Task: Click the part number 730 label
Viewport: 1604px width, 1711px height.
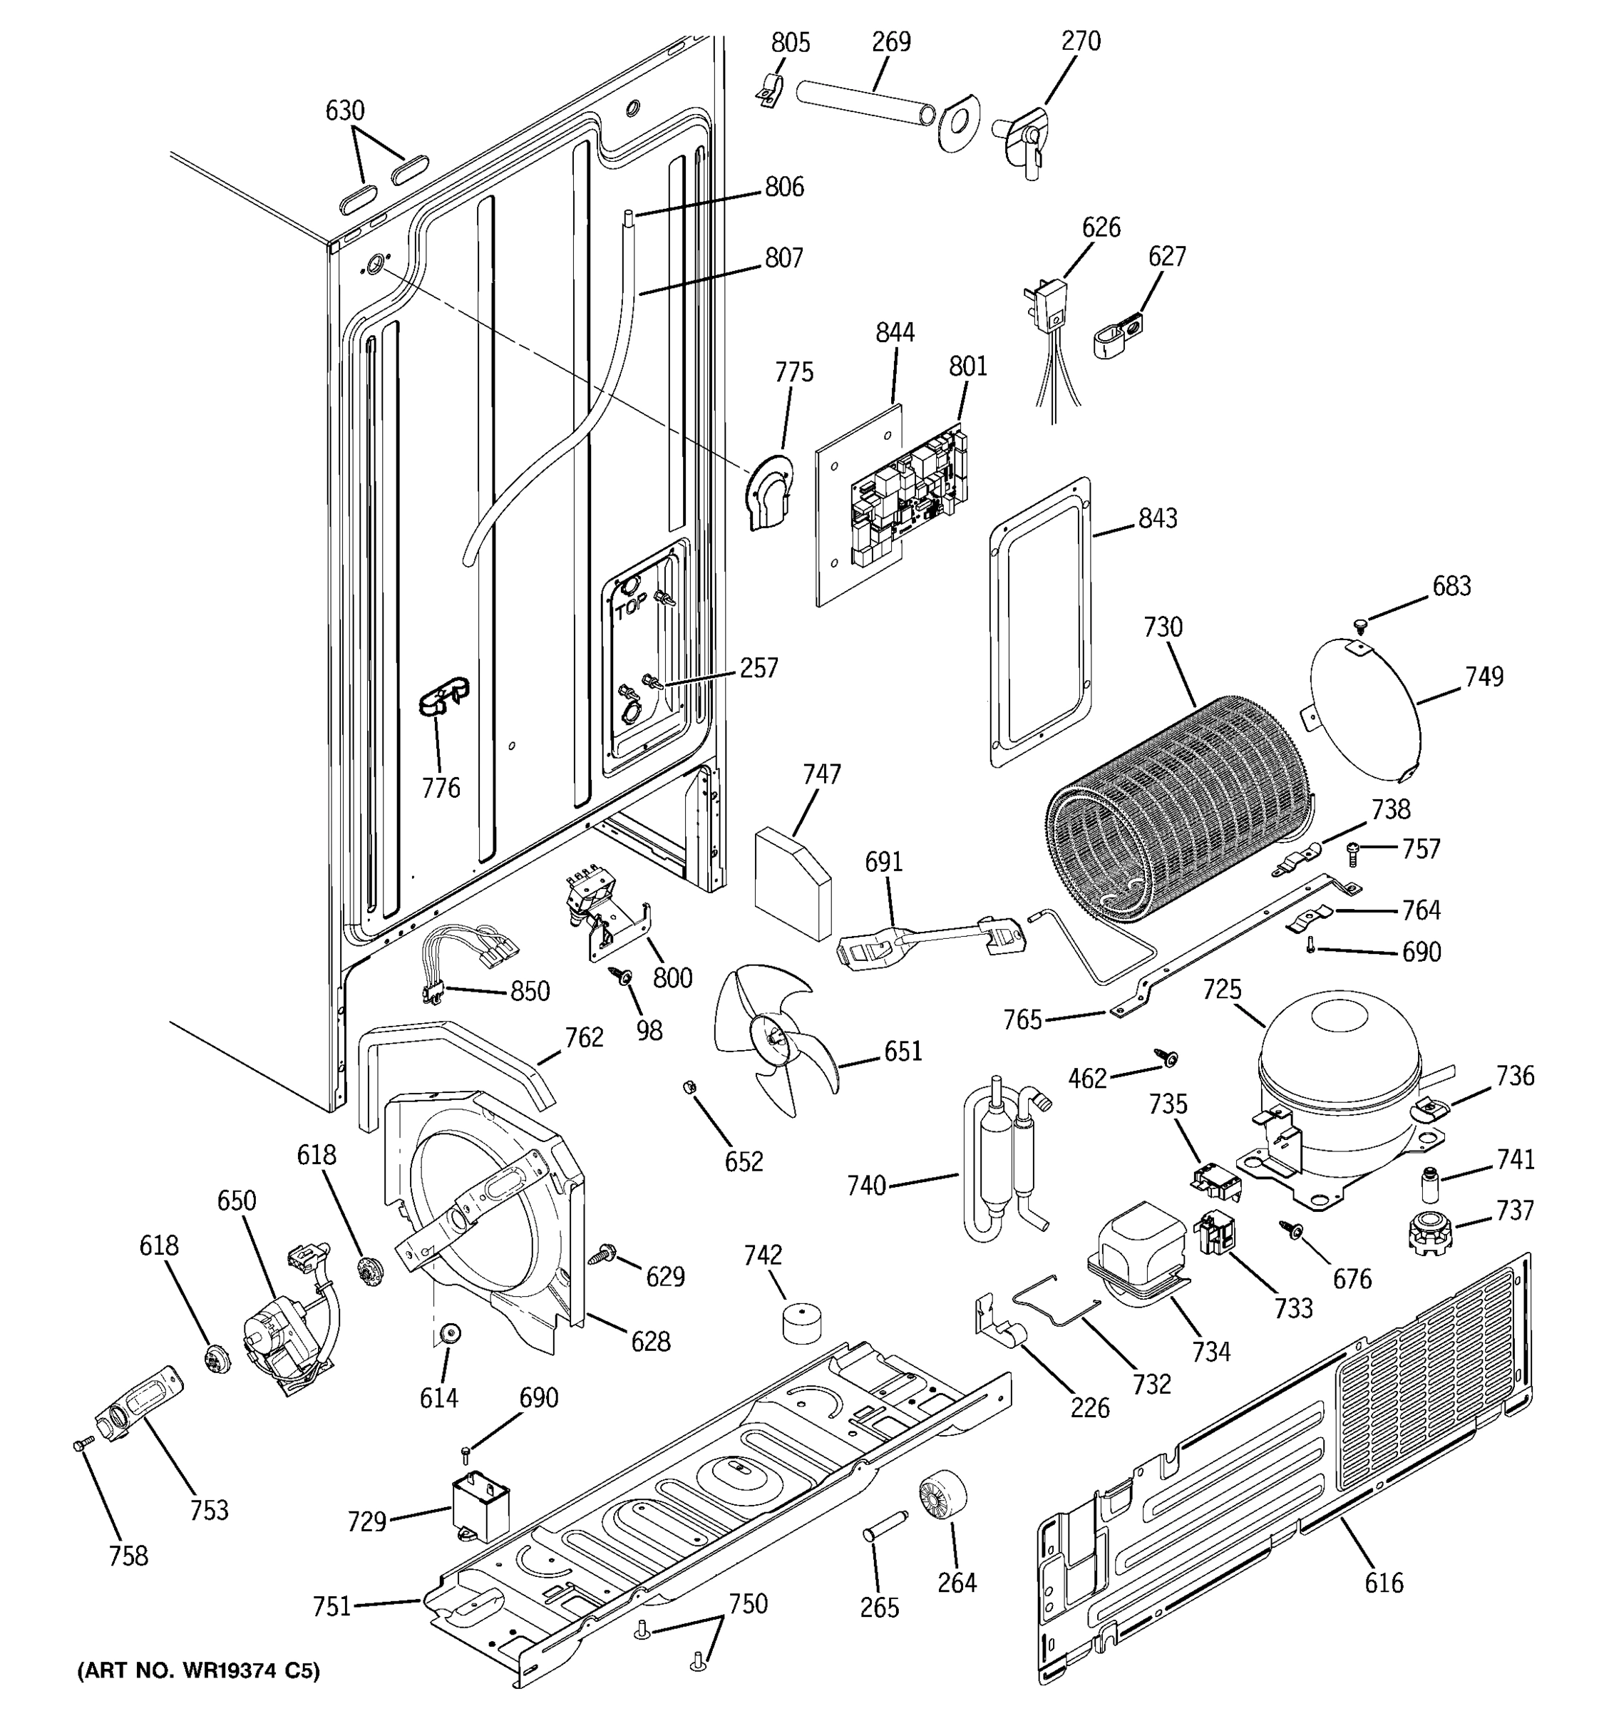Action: coord(1163,627)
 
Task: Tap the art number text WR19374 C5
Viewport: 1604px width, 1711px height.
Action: coord(199,1671)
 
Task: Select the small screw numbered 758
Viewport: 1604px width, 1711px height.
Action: coord(80,1446)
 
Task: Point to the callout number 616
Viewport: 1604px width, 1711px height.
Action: coord(1384,1583)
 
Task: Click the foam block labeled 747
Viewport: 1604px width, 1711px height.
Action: coord(793,882)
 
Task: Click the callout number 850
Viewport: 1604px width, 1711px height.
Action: coord(530,992)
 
